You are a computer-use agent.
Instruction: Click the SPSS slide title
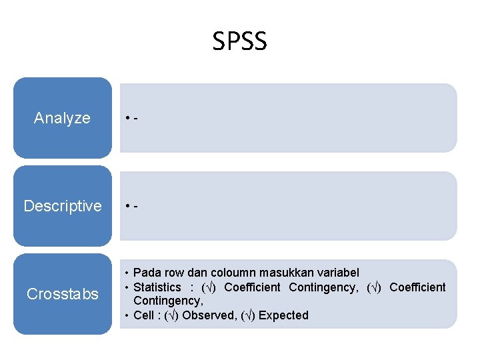click(x=239, y=41)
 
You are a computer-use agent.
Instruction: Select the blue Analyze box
click(x=62, y=118)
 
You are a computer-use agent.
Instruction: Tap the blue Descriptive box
click(x=62, y=206)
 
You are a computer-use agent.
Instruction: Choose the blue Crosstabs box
click(x=62, y=294)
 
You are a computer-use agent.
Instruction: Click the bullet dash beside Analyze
click(x=135, y=119)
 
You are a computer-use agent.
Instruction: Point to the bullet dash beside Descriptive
click(x=135, y=207)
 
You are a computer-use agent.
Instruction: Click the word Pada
click(x=145, y=273)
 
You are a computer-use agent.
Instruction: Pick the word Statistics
click(x=157, y=287)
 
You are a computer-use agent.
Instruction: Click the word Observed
click(x=209, y=315)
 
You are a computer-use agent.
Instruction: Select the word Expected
click(x=283, y=315)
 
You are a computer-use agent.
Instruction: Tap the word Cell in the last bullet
click(x=143, y=315)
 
